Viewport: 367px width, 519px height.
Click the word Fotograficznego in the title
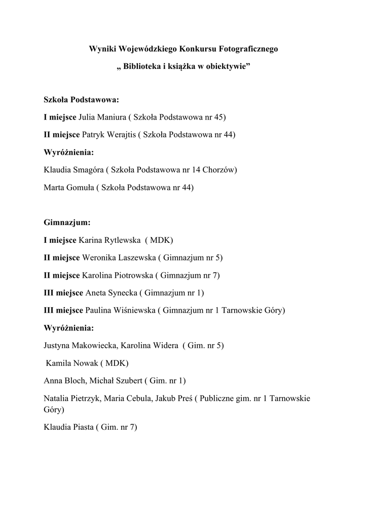coord(248,49)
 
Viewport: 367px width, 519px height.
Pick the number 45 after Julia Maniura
coord(219,117)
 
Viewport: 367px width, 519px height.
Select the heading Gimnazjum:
coord(67,222)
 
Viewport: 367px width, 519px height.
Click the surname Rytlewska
coord(121,240)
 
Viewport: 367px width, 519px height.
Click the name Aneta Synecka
coord(110,292)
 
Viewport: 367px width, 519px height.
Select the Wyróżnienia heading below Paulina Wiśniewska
coord(69,328)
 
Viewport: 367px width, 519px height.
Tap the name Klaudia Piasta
coord(69,427)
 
